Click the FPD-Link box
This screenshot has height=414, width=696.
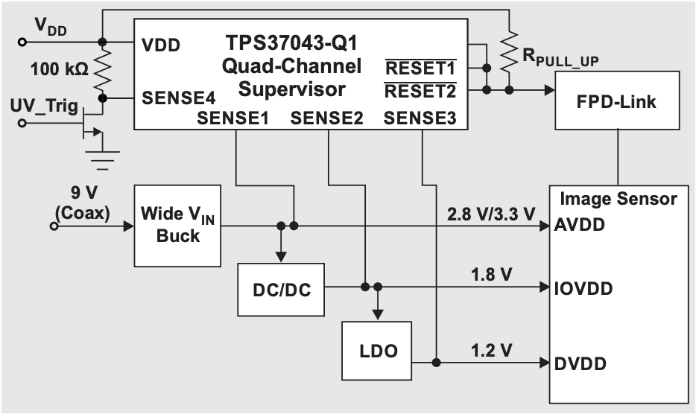617,101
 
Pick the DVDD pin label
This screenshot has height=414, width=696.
579,363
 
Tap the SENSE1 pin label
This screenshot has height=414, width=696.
232,118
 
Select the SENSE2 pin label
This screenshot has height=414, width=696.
326,118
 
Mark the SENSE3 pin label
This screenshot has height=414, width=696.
420,118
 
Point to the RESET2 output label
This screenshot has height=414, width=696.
419,91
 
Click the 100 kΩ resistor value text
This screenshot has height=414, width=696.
60,70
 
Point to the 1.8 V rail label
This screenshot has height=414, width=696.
493,274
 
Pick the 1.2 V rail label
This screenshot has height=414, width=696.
493,348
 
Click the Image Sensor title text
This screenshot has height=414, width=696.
618,199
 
